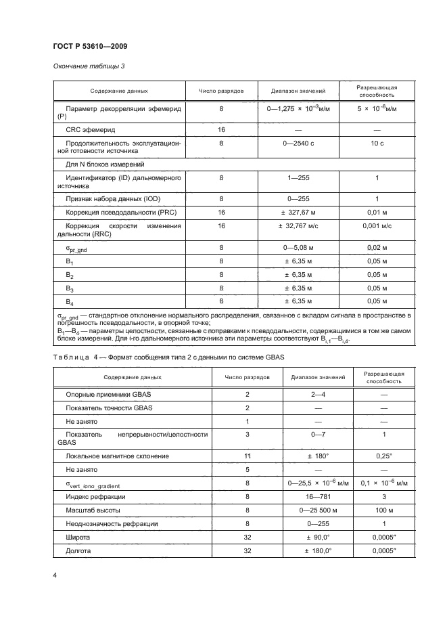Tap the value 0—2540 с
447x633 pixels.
tap(298, 144)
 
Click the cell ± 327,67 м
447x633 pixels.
tap(298, 213)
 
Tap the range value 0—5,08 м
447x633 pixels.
tap(298, 248)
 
